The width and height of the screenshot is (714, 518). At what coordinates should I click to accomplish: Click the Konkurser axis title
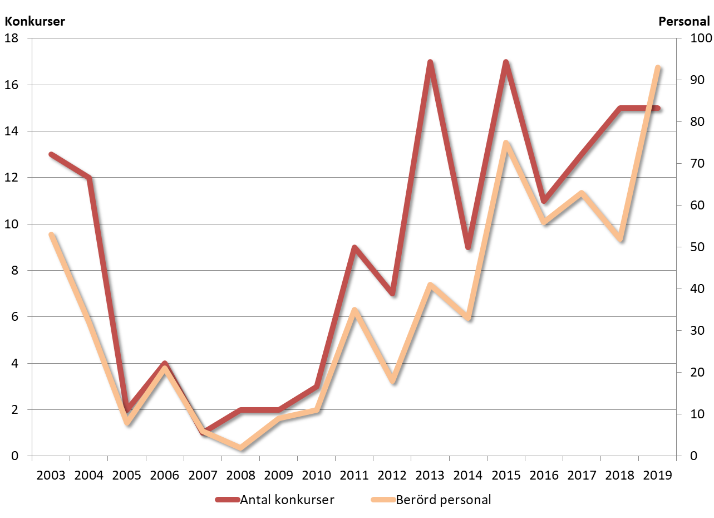(35, 22)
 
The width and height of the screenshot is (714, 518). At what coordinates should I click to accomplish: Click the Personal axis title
(684, 22)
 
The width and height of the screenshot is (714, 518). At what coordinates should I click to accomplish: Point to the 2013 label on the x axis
(430, 476)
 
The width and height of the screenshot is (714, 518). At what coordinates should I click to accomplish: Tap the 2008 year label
(240, 476)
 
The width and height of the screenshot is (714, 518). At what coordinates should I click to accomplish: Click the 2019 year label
(658, 476)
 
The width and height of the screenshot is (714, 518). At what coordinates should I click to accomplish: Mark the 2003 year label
(51, 476)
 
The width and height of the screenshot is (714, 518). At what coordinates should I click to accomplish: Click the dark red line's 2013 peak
(430, 62)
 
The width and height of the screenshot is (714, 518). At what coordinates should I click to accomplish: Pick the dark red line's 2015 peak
(506, 62)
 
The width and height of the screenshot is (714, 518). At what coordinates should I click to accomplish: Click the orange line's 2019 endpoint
(658, 68)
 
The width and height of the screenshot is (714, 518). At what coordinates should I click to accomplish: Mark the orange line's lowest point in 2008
(240, 448)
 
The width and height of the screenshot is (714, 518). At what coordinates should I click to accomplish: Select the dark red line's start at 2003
(51, 154)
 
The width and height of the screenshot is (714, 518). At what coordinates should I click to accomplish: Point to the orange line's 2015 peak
(506, 143)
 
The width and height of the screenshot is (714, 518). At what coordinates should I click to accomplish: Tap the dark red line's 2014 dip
(468, 247)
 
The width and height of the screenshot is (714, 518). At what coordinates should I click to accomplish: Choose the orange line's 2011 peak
(354, 310)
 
